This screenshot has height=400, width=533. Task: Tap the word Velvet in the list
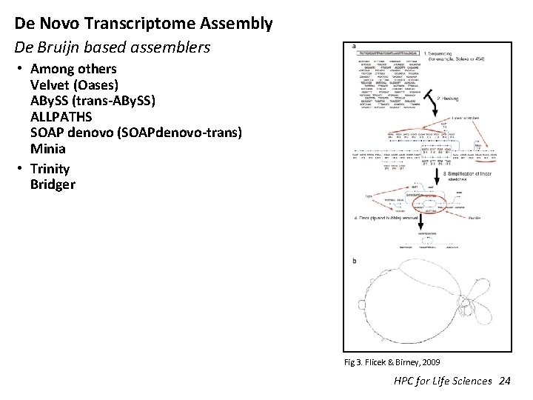(50, 84)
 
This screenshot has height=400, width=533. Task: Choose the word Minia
(48, 148)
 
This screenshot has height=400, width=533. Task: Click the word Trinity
(50, 168)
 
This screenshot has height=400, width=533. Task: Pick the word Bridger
(53, 184)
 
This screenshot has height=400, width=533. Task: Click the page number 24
(505, 381)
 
